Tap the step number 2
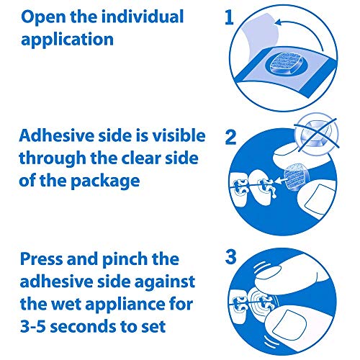tap(230, 137)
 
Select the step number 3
tap(230, 256)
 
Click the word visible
tap(176, 135)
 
